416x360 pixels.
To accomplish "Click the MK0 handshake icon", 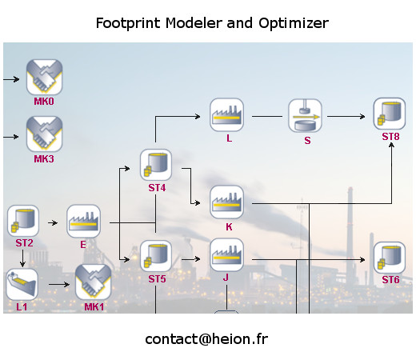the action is [x=44, y=77].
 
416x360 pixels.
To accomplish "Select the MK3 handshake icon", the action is [x=44, y=134].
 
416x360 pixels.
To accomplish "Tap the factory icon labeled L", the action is [x=226, y=115].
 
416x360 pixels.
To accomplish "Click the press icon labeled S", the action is [x=305, y=116].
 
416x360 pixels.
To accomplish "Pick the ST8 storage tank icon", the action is [x=390, y=114].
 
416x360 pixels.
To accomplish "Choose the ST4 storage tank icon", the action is [x=156, y=165].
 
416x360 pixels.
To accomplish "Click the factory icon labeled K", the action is [x=226, y=202].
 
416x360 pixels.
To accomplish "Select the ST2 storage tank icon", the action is [x=23, y=221].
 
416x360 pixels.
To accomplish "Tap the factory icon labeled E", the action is [x=83, y=221].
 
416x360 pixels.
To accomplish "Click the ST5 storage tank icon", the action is [x=156, y=256].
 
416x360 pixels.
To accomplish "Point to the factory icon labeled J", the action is [x=226, y=255].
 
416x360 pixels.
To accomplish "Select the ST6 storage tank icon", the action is [x=390, y=258].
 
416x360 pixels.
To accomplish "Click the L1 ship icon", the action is [x=22, y=285].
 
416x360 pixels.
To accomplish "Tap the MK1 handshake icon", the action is [x=94, y=282].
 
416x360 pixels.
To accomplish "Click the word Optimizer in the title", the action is [x=294, y=23].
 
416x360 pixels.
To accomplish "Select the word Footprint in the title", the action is [x=128, y=23].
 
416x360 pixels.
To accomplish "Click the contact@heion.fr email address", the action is [x=206, y=340].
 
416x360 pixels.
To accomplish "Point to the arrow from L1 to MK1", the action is [x=59, y=285].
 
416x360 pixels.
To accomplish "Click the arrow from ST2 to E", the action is [x=53, y=222].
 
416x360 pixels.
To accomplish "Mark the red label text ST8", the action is [x=390, y=137].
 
